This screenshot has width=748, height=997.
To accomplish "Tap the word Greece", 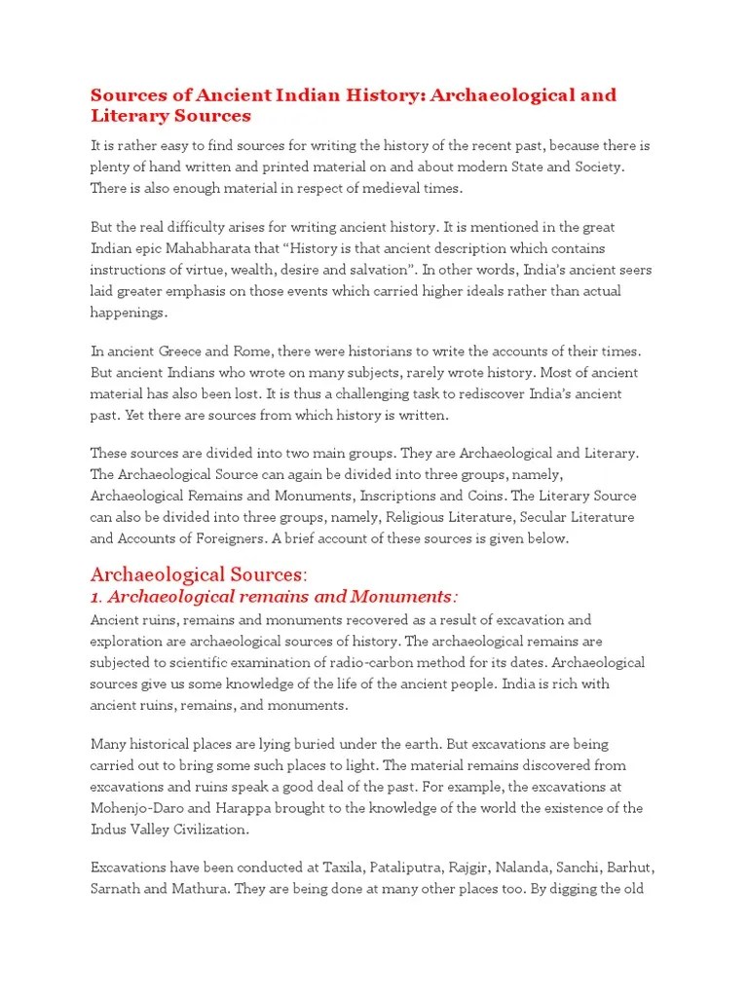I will point(180,351).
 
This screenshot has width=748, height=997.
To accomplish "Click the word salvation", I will point(406,270).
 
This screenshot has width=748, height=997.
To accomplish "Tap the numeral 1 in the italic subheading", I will point(94,596).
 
